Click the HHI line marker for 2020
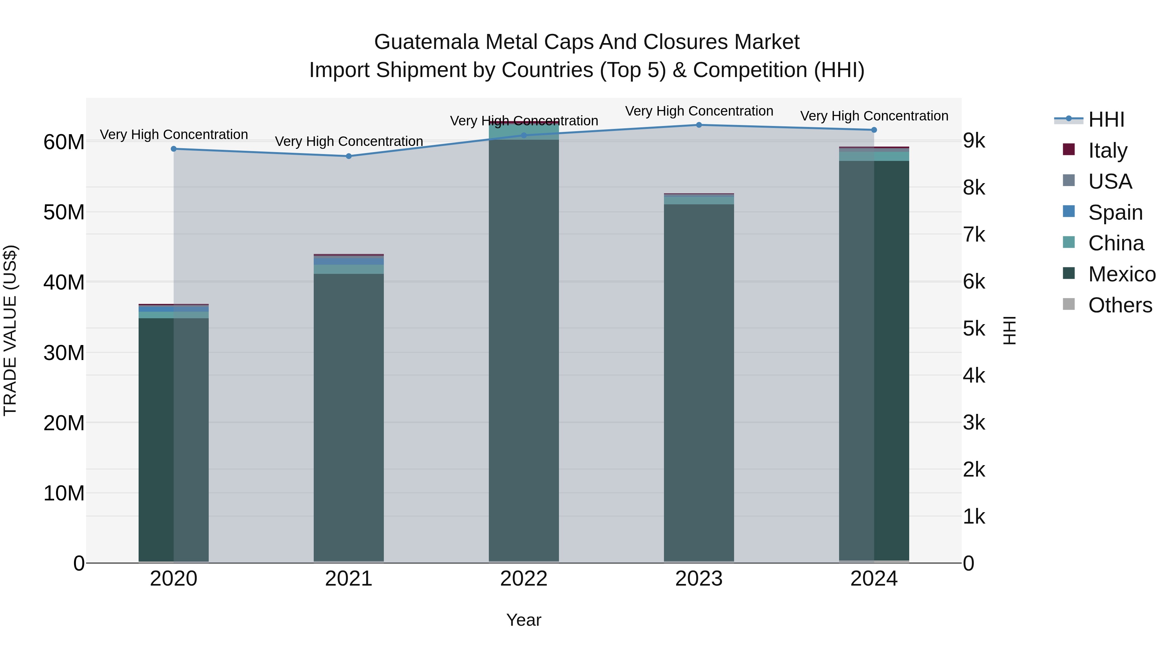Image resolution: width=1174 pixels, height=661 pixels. click(x=173, y=149)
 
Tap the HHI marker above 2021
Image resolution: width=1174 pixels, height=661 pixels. click(x=349, y=156)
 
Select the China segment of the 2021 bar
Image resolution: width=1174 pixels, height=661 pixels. click(x=349, y=269)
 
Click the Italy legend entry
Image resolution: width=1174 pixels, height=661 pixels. click(x=1107, y=150)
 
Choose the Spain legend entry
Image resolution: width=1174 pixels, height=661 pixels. click(x=1115, y=212)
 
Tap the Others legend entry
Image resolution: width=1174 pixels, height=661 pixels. click(x=1120, y=305)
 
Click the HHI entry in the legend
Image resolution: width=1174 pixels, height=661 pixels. click(x=1106, y=119)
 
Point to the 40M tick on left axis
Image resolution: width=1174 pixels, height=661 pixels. click(x=64, y=282)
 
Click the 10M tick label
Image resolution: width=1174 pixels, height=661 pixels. click(x=64, y=493)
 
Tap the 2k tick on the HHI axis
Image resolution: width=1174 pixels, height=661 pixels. click(x=974, y=469)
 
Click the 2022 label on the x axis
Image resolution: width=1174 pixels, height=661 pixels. click(x=524, y=579)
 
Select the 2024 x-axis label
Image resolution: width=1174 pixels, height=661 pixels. click(x=874, y=579)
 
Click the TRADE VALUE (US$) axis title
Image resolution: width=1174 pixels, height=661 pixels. click(x=10, y=330)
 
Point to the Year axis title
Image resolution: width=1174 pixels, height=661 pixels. click(x=524, y=620)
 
